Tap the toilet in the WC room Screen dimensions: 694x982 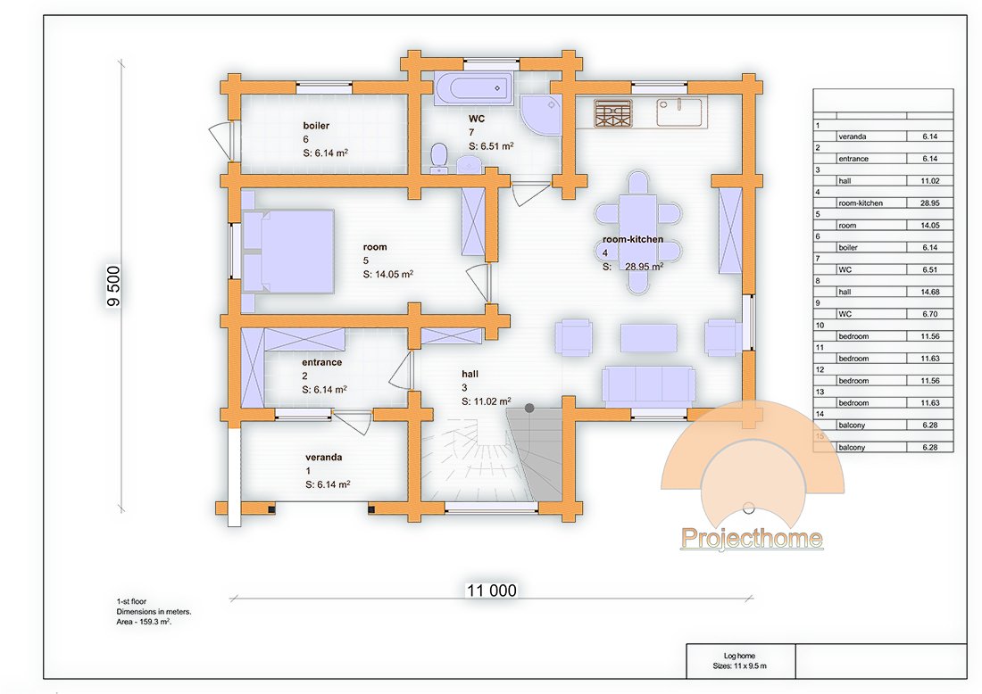438,157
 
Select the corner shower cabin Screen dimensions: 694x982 540,115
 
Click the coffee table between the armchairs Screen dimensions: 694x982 649,338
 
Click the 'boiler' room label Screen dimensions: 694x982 316,126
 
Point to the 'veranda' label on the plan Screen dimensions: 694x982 324,458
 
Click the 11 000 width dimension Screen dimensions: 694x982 491,591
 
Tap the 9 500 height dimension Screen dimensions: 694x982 113,286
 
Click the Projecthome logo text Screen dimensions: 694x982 752,538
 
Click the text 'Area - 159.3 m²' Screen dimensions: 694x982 144,622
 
